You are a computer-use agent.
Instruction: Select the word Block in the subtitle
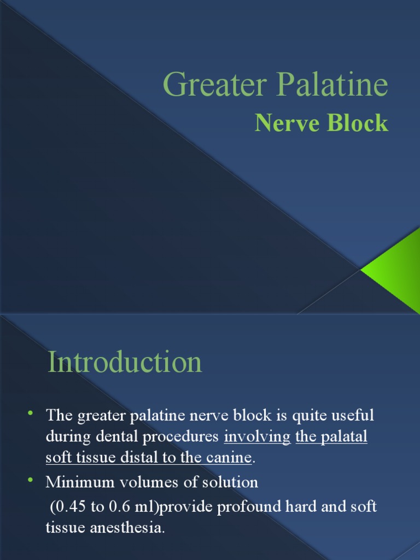tap(358, 124)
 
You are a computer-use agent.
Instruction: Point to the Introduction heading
tap(125, 363)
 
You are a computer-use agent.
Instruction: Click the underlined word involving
tap(257, 438)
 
